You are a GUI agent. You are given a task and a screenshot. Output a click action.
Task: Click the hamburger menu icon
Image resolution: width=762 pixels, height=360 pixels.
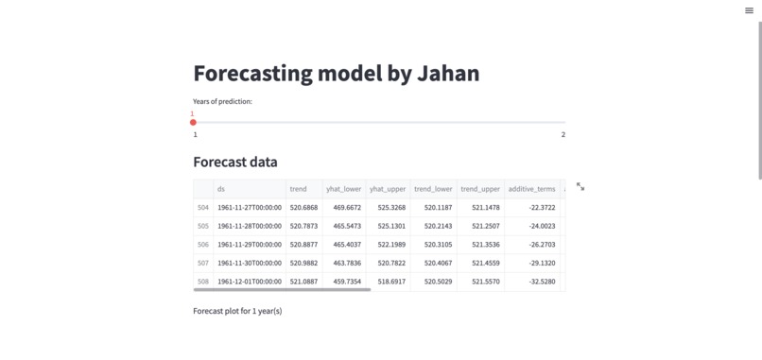tap(749, 10)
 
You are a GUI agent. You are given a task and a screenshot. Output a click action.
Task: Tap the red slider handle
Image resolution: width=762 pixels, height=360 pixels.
tap(193, 122)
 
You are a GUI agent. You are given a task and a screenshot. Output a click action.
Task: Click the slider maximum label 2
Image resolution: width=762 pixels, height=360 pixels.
tap(563, 135)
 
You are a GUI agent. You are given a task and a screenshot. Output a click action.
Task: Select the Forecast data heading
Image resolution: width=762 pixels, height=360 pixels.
tap(235, 162)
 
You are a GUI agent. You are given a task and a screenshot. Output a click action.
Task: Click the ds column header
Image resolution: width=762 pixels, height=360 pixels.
tap(221, 189)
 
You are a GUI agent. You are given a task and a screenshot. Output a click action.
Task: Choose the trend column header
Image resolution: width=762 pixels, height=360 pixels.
tap(298, 189)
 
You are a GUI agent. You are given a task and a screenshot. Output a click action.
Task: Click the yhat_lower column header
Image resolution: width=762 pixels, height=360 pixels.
tap(344, 189)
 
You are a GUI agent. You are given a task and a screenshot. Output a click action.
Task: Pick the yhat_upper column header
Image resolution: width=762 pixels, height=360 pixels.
tap(388, 189)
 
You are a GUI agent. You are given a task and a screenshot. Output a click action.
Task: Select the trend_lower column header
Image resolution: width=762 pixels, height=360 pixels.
tap(433, 189)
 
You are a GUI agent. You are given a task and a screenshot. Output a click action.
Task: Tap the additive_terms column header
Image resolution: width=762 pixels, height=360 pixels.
tap(532, 189)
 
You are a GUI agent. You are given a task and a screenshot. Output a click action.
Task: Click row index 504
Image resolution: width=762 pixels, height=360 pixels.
tap(202, 207)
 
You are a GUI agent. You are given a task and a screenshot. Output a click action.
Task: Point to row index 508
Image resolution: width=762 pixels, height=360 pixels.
tap(202, 282)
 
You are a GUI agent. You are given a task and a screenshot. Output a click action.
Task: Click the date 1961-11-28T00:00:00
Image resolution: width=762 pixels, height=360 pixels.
tap(250, 226)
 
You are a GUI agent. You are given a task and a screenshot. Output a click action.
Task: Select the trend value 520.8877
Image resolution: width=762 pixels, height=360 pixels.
tap(303, 245)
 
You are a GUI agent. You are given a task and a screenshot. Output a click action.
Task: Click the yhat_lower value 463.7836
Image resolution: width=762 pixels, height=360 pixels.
tap(346, 263)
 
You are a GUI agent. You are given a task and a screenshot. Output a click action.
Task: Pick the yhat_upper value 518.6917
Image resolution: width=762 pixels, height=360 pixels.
tap(391, 282)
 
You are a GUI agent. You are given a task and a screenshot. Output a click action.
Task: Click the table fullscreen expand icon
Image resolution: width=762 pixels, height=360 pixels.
tap(580, 187)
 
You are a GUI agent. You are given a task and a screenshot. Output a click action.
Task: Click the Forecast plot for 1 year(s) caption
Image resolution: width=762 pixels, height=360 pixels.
tap(237, 311)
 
